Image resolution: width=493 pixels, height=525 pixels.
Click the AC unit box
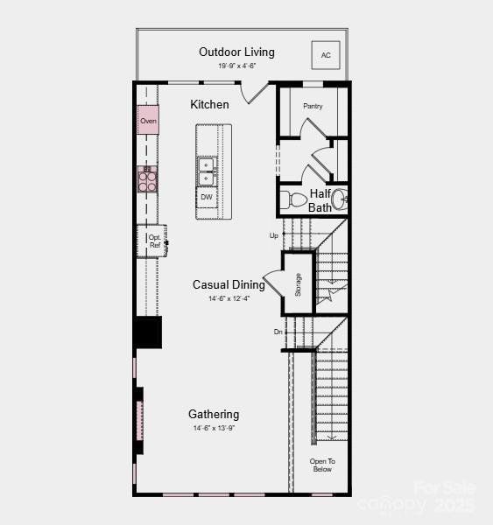pyautogui.click(x=326, y=55)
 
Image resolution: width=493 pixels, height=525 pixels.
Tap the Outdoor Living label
pyautogui.click(x=236, y=52)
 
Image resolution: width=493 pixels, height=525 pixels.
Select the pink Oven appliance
pyautogui.click(x=148, y=120)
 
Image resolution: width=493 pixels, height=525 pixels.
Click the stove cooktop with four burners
pyautogui.click(x=148, y=179)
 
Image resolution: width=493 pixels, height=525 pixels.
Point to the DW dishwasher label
pyautogui.click(x=207, y=197)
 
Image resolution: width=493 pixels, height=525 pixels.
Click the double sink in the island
pyautogui.click(x=207, y=171)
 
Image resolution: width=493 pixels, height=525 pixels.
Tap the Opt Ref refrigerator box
pyautogui.click(x=154, y=241)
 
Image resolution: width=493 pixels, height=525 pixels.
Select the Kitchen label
pyautogui.click(x=210, y=105)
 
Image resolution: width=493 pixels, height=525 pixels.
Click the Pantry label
pyautogui.click(x=313, y=106)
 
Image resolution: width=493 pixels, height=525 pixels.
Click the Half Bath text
pyautogui.click(x=320, y=200)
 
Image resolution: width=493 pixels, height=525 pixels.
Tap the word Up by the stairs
pyautogui.click(x=274, y=235)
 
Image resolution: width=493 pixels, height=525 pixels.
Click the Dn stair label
pyautogui.click(x=278, y=332)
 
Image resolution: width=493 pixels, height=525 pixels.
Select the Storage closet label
pyautogui.click(x=298, y=284)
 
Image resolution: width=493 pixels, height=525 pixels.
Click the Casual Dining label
pyautogui.click(x=229, y=284)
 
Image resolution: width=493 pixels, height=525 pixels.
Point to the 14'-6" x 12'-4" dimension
pyautogui.click(x=229, y=299)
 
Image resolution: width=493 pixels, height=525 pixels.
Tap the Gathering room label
pyautogui.click(x=214, y=414)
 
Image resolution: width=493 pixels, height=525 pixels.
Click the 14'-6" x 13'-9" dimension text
pyautogui.click(x=214, y=429)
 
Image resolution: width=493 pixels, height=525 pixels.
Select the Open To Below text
pyautogui.click(x=322, y=465)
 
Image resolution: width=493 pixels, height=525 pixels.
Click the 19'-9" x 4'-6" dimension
pyautogui.click(x=236, y=66)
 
